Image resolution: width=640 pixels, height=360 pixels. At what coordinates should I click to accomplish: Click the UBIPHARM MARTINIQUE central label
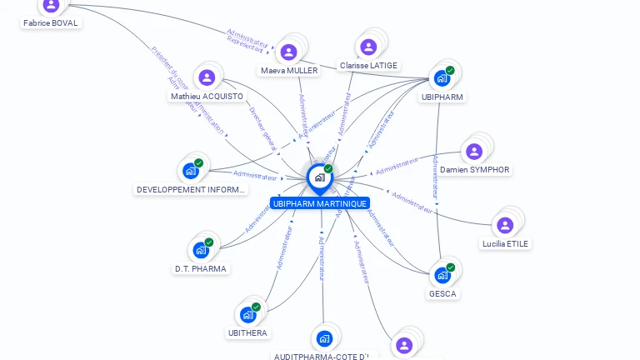319,203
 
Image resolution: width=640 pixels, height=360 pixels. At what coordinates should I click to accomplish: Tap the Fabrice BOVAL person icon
52,5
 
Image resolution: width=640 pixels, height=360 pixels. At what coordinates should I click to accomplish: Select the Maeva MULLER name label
289,71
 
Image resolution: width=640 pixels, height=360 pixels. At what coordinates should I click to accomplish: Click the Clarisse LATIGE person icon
367,47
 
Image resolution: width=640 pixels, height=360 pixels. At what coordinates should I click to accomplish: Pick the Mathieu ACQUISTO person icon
207,77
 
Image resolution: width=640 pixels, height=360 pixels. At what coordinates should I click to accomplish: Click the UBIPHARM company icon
442,78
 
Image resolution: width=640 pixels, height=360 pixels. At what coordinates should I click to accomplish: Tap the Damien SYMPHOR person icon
473,152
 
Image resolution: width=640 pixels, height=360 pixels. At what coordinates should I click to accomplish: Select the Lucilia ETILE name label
505,243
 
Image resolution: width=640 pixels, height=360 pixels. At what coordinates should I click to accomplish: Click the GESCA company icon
442,274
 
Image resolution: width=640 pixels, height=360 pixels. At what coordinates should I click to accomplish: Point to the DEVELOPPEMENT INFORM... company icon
191,171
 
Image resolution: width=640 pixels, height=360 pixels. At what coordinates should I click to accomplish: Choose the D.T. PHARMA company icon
201,250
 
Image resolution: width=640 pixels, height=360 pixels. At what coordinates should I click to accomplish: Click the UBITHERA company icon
247,314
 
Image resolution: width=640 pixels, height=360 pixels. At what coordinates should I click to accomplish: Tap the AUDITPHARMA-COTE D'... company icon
324,338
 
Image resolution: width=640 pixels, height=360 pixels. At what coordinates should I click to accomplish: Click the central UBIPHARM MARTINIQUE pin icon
319,177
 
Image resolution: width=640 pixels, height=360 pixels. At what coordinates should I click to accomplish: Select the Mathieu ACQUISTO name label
207,97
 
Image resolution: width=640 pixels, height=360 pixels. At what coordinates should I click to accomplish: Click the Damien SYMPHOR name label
475,170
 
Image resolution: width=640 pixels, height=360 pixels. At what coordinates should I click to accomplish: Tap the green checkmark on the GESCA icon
451,267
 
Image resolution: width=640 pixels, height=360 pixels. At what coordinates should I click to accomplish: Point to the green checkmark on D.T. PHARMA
209,242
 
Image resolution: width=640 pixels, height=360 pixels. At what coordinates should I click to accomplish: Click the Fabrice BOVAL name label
51,23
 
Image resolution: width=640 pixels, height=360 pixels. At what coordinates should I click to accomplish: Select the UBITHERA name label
247,333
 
